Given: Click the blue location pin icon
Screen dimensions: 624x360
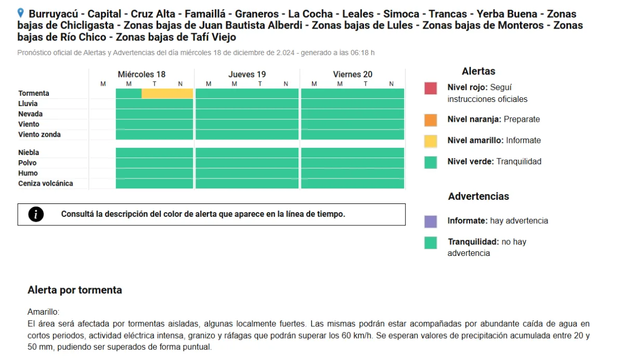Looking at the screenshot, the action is [x=20, y=13].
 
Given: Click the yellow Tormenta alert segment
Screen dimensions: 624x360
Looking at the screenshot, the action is [x=167, y=93].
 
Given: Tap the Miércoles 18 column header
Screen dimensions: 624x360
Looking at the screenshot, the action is [x=141, y=74].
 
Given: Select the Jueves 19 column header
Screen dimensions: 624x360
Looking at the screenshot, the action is [x=247, y=74].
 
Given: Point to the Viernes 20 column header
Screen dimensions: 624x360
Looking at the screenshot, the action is [x=353, y=74].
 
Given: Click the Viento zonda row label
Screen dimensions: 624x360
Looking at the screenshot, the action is [x=40, y=135].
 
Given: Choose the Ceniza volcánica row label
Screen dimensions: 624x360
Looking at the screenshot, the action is [x=45, y=183].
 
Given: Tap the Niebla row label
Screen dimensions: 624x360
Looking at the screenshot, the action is [x=29, y=152].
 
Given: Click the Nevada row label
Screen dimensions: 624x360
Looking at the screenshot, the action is [x=30, y=114].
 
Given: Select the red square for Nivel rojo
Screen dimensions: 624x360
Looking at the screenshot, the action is [x=431, y=88].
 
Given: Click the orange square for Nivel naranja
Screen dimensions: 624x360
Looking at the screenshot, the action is [x=431, y=120].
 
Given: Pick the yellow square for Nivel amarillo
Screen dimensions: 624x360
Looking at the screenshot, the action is [x=431, y=141].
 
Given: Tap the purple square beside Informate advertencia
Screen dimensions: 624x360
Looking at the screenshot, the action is [x=431, y=222].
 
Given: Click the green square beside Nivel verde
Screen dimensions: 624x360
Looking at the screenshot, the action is [x=431, y=162].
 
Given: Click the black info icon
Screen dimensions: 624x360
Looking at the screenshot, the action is [x=36, y=214].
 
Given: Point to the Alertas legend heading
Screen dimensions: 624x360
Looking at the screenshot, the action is [x=478, y=71].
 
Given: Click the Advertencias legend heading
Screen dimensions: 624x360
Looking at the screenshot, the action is [x=478, y=196].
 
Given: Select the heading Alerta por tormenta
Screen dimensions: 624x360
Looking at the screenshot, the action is [x=75, y=290].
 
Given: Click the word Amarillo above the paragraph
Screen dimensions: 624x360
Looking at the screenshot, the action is [x=43, y=312].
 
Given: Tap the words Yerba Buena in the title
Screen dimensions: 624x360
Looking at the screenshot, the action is [x=506, y=14].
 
